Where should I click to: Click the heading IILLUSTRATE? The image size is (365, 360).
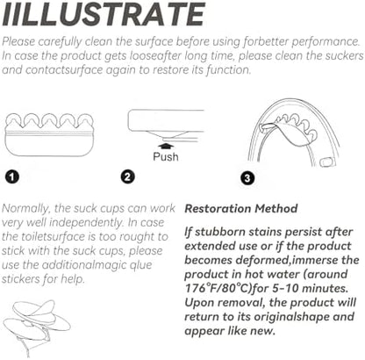104,14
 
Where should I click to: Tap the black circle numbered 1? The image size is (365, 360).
12,176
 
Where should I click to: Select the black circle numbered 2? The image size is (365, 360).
127,176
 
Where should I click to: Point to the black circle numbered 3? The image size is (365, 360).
247,178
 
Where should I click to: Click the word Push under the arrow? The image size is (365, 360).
166,156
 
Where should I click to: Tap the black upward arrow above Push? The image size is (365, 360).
166,147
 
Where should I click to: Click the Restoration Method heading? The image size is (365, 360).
241,209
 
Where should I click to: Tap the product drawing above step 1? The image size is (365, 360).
49,134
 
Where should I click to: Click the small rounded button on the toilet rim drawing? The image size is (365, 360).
327,162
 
